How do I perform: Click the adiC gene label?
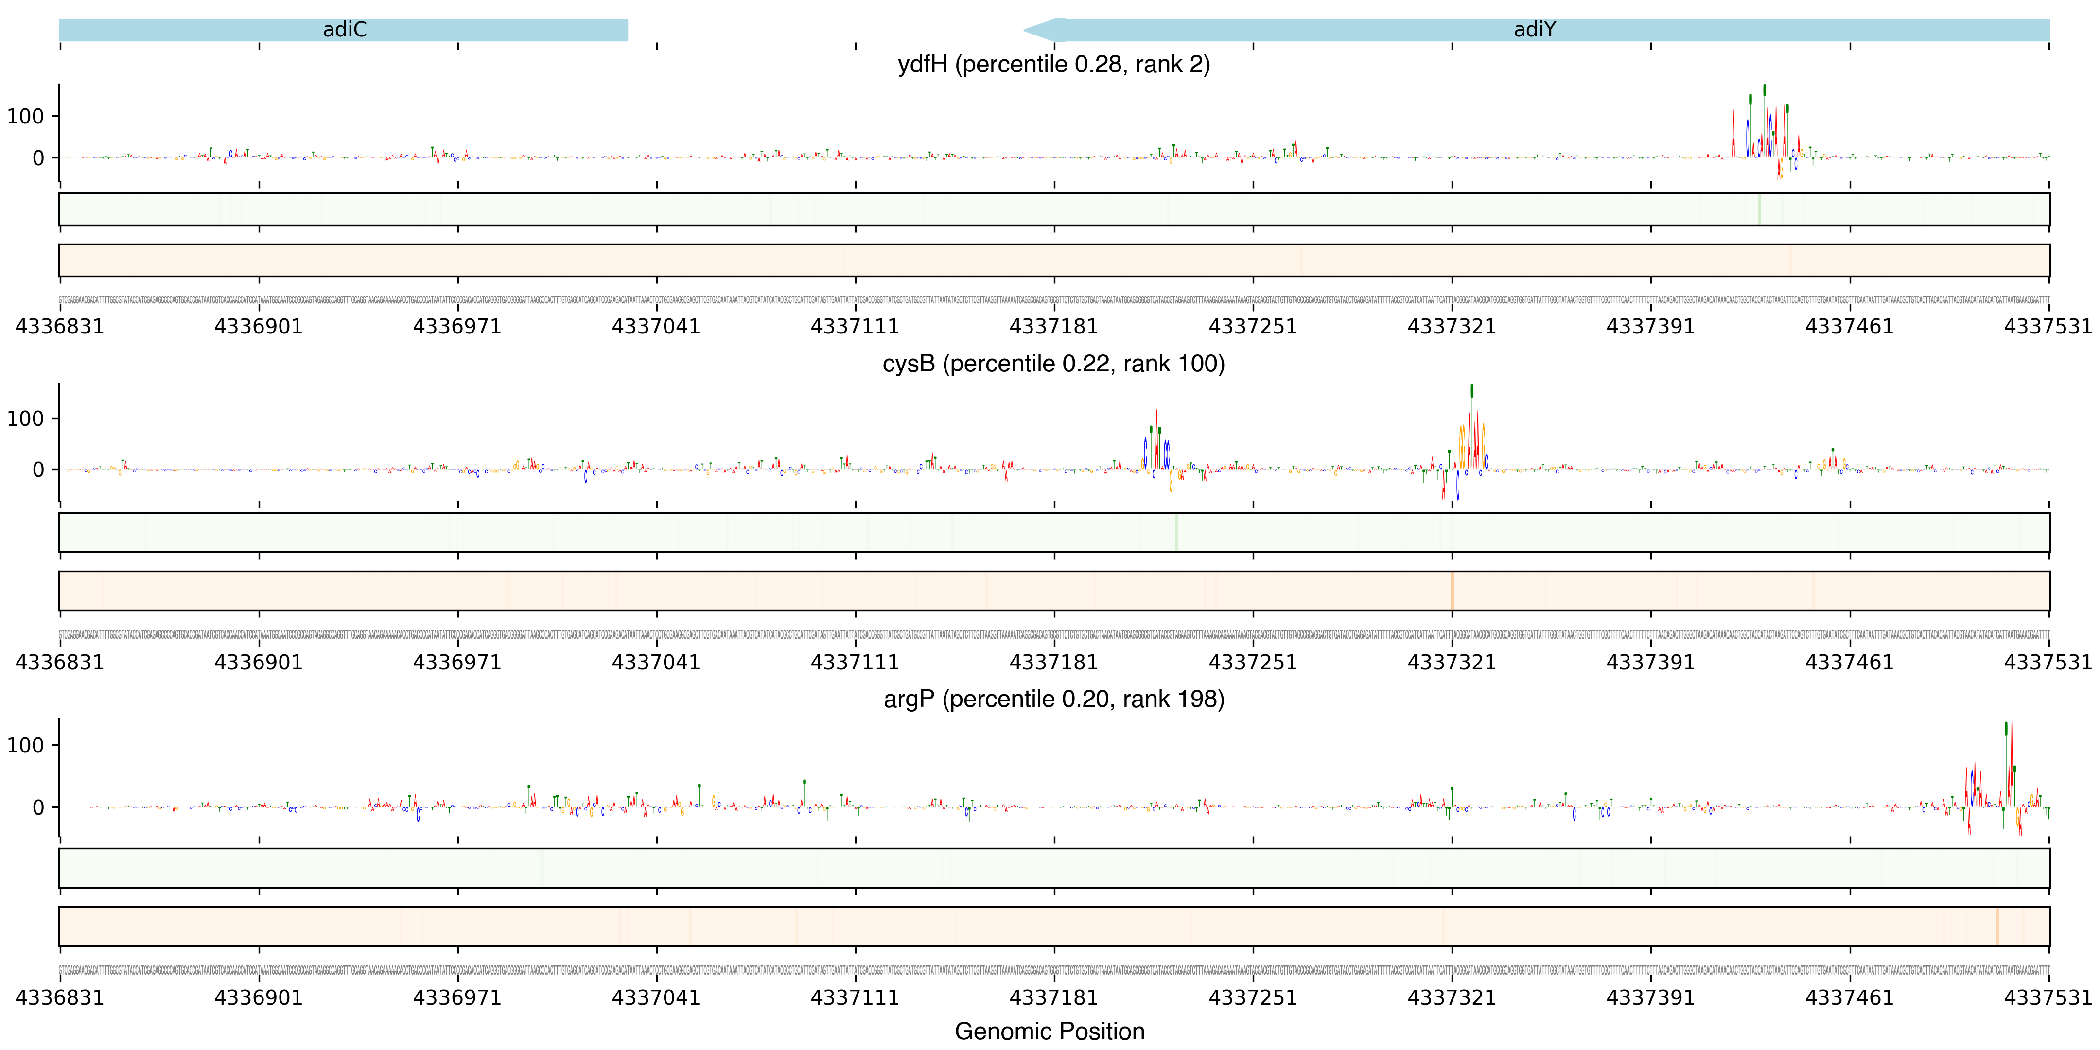click(x=344, y=30)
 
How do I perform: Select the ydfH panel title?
click(x=1053, y=64)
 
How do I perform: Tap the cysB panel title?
click(x=1053, y=364)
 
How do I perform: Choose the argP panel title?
click(x=1053, y=700)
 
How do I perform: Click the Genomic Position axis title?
click(x=1049, y=1031)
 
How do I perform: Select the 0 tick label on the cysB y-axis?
click(x=38, y=470)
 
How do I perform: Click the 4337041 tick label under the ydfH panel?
click(x=656, y=327)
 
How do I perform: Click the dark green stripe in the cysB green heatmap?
click(x=1176, y=532)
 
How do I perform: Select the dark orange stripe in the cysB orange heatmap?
click(x=1452, y=590)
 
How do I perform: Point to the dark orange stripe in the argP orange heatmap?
click(x=1997, y=926)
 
